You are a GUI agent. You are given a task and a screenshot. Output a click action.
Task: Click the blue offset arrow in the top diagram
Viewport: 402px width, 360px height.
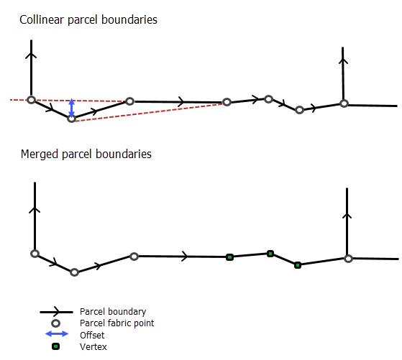pyautogui.click(x=72, y=108)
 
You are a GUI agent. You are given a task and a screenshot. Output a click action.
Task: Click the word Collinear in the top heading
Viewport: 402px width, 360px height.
pyautogui.click(x=42, y=19)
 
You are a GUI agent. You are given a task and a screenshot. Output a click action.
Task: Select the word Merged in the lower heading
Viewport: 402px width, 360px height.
pyautogui.click(x=40, y=154)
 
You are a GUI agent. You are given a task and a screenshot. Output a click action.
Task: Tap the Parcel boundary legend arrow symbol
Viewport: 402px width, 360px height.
pyautogui.click(x=56, y=312)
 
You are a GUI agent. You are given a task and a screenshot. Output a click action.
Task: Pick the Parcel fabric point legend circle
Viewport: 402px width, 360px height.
pyautogui.click(x=55, y=323)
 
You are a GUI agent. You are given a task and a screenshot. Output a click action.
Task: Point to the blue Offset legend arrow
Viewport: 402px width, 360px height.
pyautogui.click(x=57, y=334)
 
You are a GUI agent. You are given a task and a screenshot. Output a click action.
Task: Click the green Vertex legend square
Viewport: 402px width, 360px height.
pyautogui.click(x=55, y=346)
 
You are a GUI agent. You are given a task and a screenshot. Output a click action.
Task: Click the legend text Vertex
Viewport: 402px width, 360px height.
pyautogui.click(x=93, y=346)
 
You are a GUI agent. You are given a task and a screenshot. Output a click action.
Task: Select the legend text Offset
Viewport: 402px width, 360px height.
pyautogui.click(x=92, y=335)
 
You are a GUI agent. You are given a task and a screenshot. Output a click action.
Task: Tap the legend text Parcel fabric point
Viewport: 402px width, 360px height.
pyautogui.click(x=117, y=323)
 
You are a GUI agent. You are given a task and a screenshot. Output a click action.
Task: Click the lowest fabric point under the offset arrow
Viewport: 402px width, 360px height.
pyautogui.click(x=71, y=119)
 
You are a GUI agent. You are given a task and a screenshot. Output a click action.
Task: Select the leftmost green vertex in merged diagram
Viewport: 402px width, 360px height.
pyautogui.click(x=229, y=257)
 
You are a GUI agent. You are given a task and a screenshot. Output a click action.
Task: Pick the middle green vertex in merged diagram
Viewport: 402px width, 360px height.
pyautogui.click(x=270, y=254)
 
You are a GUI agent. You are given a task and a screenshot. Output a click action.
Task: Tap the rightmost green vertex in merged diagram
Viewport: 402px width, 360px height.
pyautogui.click(x=298, y=265)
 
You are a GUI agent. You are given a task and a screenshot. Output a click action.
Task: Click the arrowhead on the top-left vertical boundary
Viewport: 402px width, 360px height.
pyautogui.click(x=31, y=55)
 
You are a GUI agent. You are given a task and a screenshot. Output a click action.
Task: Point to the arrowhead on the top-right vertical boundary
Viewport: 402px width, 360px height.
pyautogui.click(x=343, y=61)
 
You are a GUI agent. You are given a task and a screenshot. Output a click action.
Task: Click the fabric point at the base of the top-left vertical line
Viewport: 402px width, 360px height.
pyautogui.click(x=31, y=100)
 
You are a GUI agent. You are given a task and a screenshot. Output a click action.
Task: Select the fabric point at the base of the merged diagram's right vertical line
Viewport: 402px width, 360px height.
pyautogui.click(x=348, y=259)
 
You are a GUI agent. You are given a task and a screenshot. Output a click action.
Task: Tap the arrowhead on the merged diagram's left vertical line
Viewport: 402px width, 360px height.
pyautogui.click(x=35, y=210)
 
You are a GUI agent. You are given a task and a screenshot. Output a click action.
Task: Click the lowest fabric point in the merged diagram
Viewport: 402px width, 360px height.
pyautogui.click(x=74, y=272)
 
